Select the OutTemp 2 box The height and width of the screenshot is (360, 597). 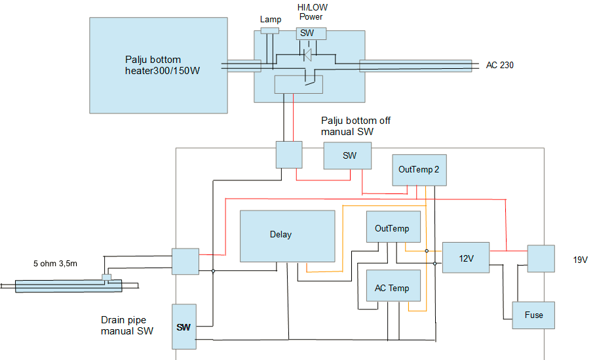[418, 169]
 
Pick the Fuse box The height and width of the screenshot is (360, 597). [533, 315]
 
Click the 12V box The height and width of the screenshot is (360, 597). [466, 257]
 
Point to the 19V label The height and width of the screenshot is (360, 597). [580, 260]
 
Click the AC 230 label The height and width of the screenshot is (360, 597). [499, 66]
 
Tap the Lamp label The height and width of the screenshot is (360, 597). [270, 20]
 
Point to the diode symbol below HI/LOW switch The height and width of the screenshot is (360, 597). [307, 56]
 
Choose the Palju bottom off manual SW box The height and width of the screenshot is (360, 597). [347, 157]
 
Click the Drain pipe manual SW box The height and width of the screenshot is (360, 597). [183, 326]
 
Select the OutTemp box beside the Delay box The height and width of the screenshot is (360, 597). [392, 229]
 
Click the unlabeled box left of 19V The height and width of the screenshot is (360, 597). [541, 258]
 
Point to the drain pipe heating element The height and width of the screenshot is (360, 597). [68, 285]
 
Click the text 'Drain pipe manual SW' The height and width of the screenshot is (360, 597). [127, 326]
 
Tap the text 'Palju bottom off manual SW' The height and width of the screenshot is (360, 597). [356, 127]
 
